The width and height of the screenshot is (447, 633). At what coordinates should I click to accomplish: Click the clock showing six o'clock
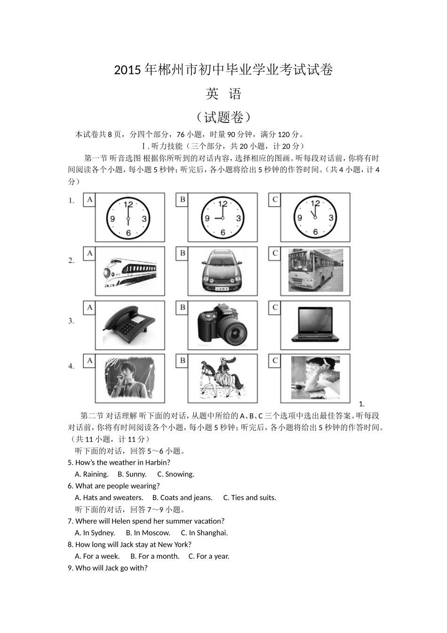click(x=128, y=218)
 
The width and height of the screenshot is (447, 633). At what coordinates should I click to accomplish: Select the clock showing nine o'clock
click(x=223, y=218)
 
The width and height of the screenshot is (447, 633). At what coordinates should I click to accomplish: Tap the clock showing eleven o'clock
click(x=315, y=218)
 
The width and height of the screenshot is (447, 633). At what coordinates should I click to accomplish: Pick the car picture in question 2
click(x=223, y=272)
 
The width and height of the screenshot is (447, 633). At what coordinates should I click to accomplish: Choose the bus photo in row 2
click(x=315, y=271)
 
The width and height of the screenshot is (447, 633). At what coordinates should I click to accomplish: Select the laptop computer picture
click(x=315, y=325)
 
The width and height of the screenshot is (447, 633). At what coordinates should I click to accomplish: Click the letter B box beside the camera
click(x=183, y=308)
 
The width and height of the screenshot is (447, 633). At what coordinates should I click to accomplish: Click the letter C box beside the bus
click(x=275, y=253)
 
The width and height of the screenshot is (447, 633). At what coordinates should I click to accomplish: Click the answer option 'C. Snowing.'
click(x=176, y=474)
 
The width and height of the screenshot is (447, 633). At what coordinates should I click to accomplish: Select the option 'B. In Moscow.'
click(x=148, y=533)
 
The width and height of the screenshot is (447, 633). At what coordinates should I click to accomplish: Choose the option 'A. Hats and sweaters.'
click(x=109, y=498)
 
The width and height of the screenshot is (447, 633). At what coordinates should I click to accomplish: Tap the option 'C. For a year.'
click(x=209, y=556)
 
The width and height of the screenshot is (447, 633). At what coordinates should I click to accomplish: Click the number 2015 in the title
click(x=127, y=71)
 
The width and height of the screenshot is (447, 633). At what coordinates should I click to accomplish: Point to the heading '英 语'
click(x=223, y=94)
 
